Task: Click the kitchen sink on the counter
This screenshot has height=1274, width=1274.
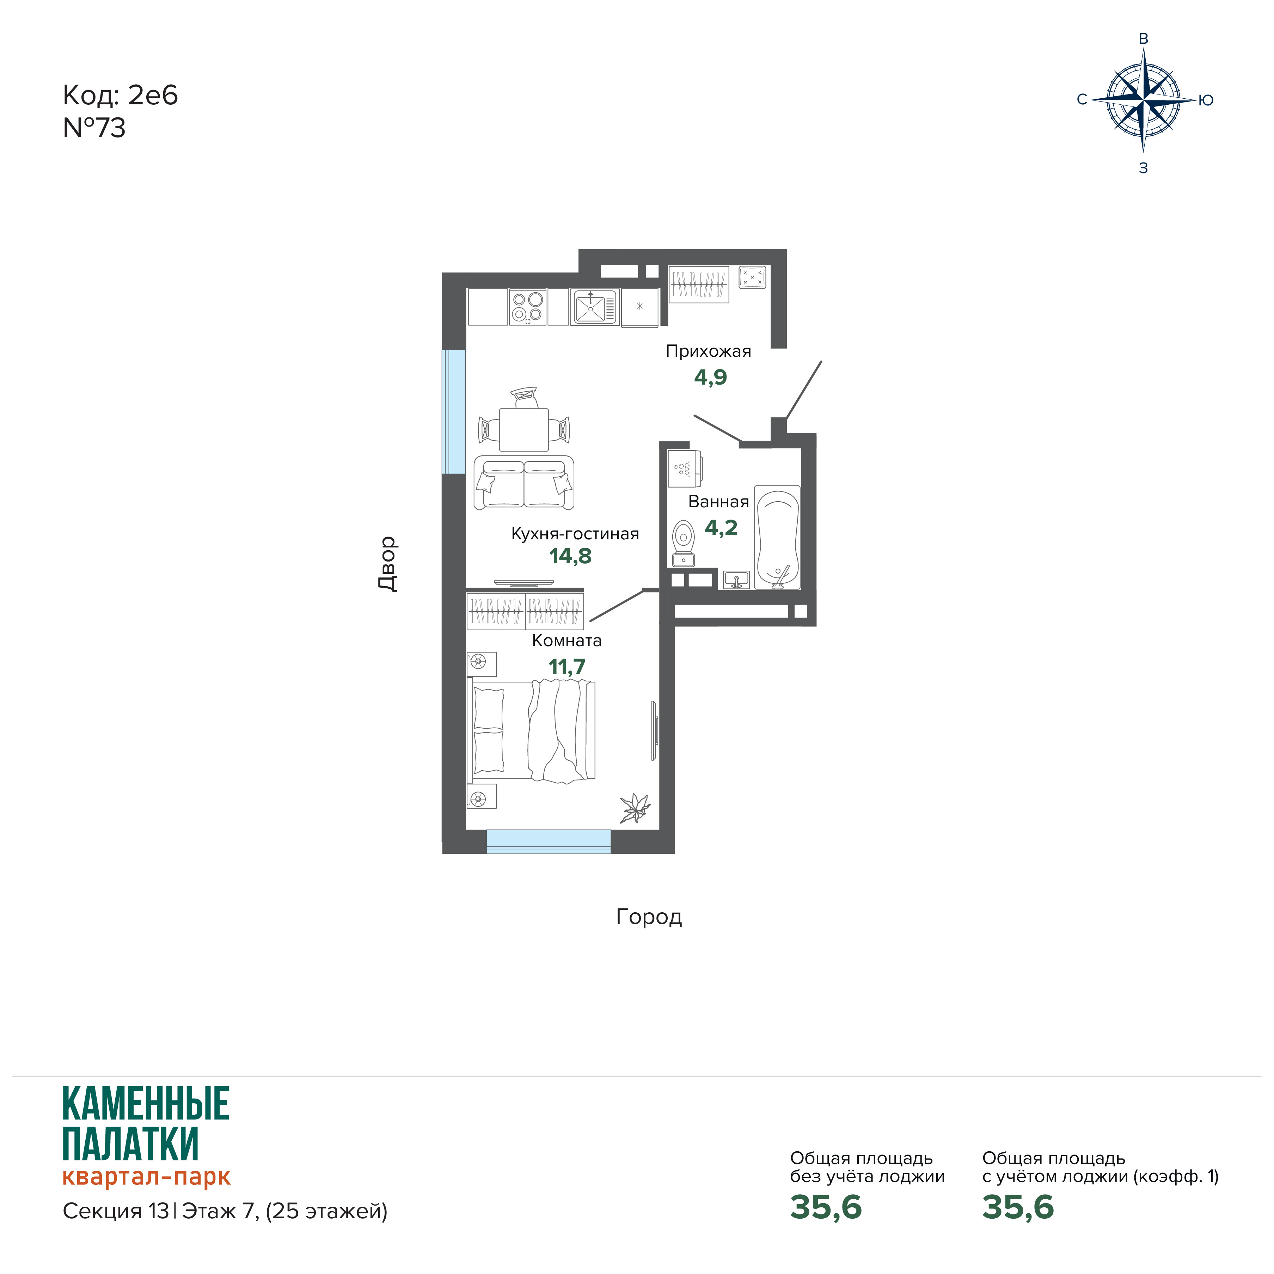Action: point(594,307)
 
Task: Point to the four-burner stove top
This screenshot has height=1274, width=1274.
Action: point(527,307)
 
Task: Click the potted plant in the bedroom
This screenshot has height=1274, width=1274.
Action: point(635,808)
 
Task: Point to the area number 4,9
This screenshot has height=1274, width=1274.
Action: point(710,377)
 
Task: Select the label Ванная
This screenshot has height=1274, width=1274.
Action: point(719,502)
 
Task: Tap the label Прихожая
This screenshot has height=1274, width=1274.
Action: point(708,351)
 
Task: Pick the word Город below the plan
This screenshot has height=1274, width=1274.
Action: point(649,917)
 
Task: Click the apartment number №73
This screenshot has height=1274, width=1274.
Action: point(94,128)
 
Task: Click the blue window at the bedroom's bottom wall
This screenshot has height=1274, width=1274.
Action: point(549,841)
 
